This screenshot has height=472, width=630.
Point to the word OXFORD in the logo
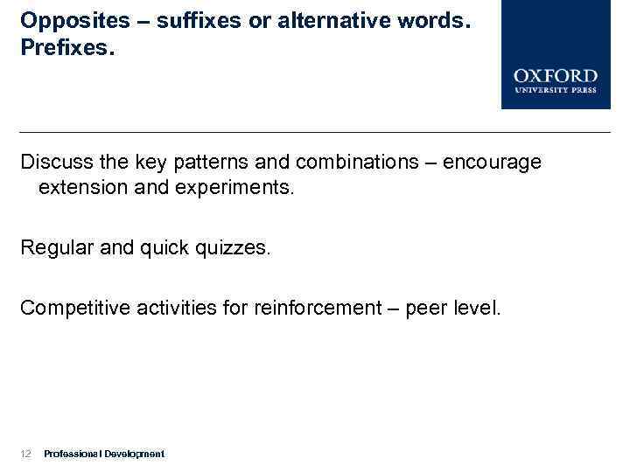click(556, 76)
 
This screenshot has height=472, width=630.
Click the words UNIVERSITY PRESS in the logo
click(556, 90)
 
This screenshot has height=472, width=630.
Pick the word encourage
click(493, 163)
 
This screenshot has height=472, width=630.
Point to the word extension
click(80, 187)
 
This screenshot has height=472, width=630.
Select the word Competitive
click(75, 308)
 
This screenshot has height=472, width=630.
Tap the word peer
click(430, 308)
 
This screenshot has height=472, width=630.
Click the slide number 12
click(25, 454)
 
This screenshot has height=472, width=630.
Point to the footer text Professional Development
click(103, 454)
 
